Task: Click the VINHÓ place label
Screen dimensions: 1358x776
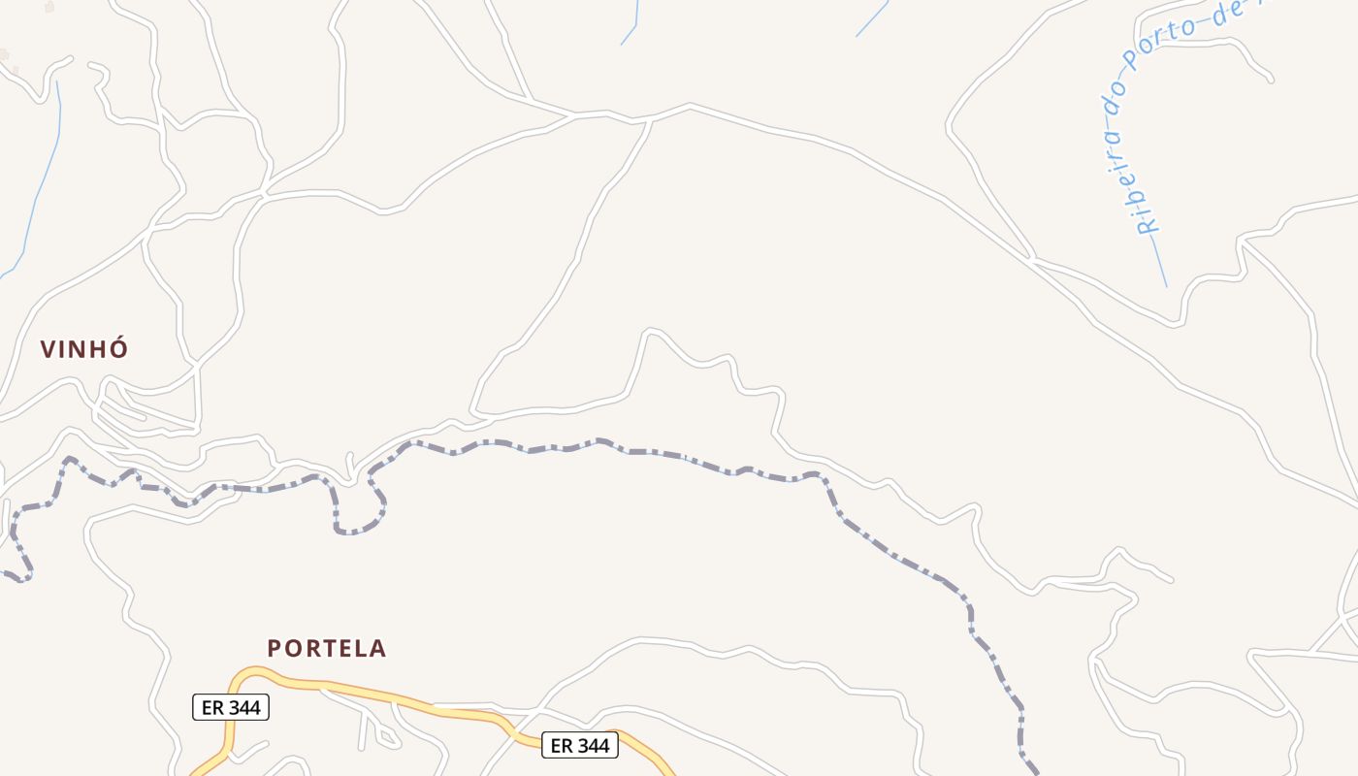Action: [x=84, y=349]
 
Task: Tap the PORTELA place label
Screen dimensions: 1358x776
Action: [x=326, y=648]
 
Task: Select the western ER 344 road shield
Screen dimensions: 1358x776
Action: [x=230, y=707]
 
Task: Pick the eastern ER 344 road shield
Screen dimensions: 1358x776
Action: [x=579, y=745]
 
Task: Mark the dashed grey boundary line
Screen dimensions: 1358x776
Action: [x=679, y=457]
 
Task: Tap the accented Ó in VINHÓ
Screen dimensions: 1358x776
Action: [x=118, y=348]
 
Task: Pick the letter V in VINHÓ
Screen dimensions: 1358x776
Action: [x=48, y=349]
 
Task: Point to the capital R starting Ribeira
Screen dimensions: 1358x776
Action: [x=1148, y=226]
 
